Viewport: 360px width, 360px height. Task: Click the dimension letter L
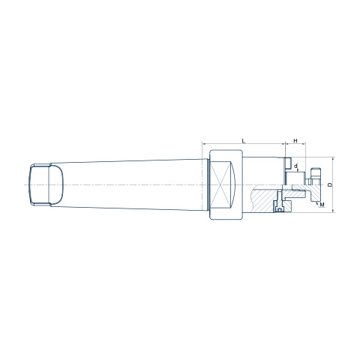(x=244, y=140)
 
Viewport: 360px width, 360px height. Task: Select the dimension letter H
(x=295, y=141)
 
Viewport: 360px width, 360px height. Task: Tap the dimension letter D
(x=330, y=184)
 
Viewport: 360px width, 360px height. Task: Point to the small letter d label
(x=295, y=166)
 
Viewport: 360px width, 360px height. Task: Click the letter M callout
(x=322, y=205)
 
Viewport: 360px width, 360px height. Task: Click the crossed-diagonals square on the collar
(x=219, y=184)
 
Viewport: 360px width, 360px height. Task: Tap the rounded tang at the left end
(x=46, y=184)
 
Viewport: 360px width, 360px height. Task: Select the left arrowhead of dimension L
(x=203, y=144)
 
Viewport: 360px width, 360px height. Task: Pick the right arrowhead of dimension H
(x=304, y=144)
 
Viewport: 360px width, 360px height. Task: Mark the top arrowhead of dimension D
(x=333, y=159)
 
